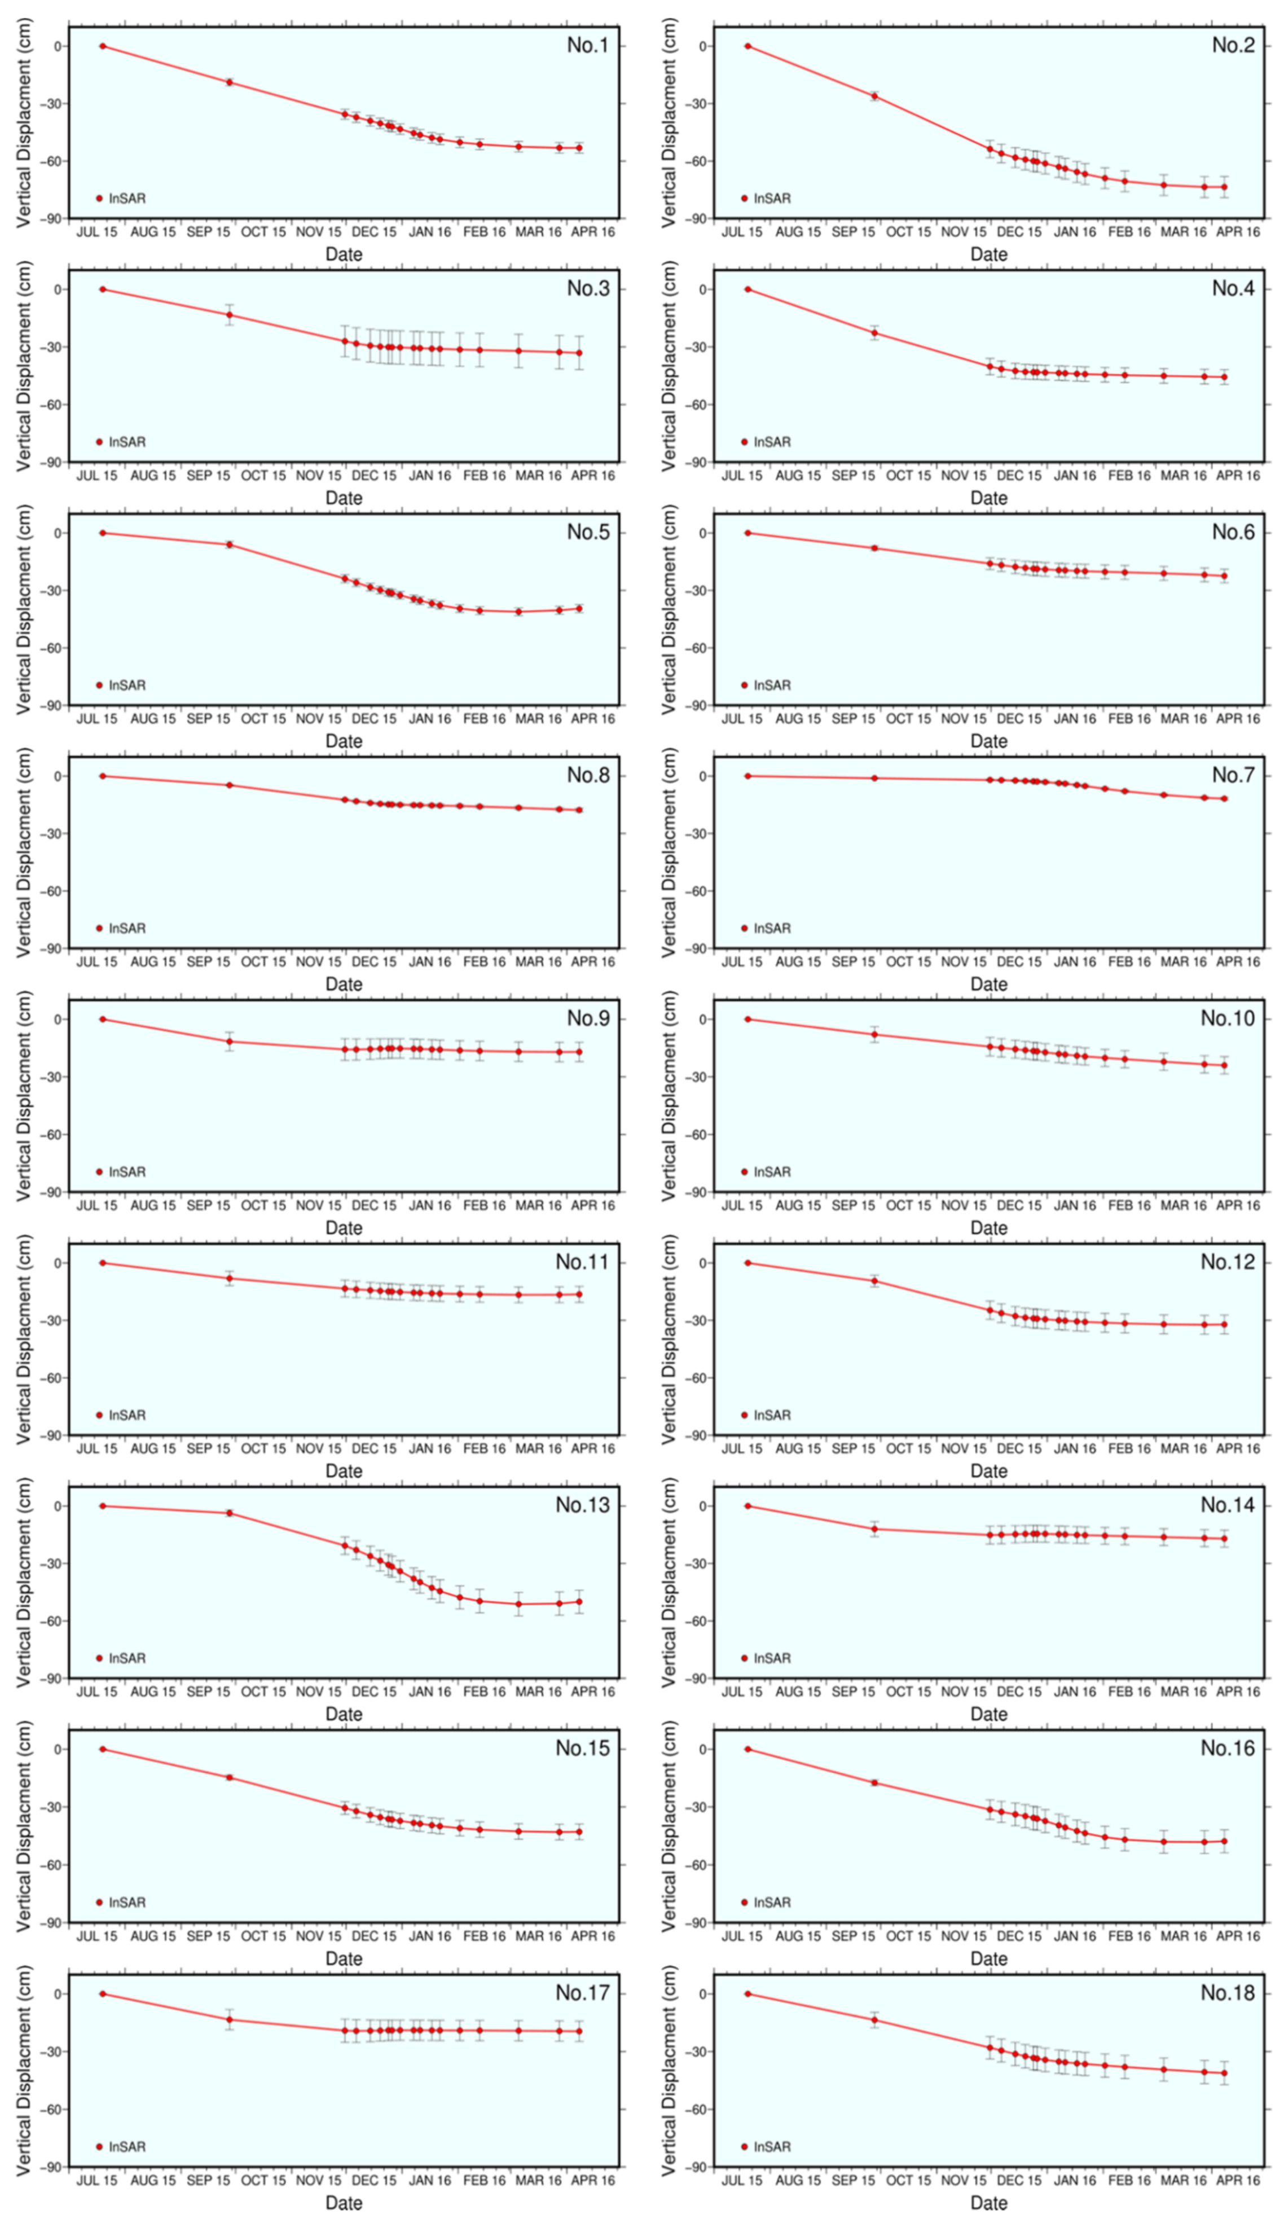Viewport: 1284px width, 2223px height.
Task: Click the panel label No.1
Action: (587, 45)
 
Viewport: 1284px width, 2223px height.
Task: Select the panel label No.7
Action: (1232, 775)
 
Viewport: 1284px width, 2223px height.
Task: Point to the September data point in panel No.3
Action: (229, 315)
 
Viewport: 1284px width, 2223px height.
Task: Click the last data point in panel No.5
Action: (579, 608)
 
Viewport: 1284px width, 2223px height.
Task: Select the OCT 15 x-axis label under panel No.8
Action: (263, 961)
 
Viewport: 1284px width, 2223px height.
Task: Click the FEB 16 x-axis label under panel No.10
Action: (1129, 1205)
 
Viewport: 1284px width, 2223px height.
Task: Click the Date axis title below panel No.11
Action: (344, 1471)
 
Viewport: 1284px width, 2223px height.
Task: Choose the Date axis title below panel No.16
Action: (988, 1958)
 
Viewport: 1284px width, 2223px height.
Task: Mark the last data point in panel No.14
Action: (1224, 1539)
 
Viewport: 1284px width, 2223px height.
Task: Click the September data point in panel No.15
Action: (229, 1777)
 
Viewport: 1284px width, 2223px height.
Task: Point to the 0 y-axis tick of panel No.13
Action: (58, 1506)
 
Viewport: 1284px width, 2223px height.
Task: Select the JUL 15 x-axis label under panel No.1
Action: (96, 232)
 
